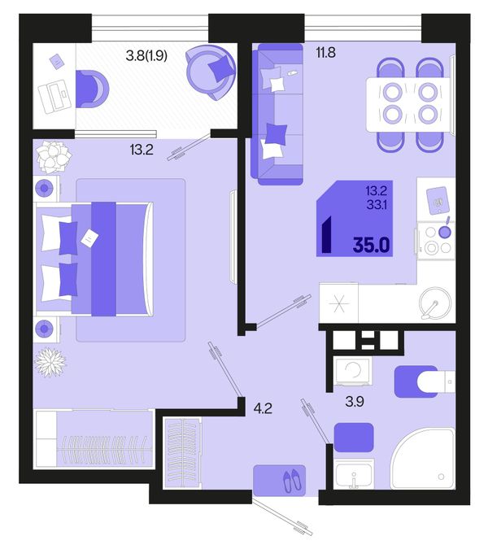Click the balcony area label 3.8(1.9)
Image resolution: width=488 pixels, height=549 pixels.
click(146, 55)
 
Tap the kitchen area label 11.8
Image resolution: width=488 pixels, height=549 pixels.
click(325, 53)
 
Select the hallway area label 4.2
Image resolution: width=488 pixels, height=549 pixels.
click(263, 408)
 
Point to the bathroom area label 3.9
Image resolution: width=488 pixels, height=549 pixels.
click(355, 402)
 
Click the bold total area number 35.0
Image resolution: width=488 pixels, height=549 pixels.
click(371, 245)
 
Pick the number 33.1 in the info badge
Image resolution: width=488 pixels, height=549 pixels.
click(377, 204)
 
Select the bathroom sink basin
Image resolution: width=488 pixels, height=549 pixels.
click(354, 473)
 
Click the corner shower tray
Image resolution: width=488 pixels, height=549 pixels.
click(423, 458)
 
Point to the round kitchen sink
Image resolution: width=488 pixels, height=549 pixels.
click(435, 303)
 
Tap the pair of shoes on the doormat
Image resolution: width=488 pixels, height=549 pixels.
click(292, 480)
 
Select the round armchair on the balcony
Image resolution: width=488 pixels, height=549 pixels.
click(211, 72)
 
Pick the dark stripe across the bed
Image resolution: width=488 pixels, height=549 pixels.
click(103, 259)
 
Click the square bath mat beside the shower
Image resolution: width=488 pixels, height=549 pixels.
click(354, 438)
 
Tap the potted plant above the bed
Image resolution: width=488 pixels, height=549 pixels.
click(53, 157)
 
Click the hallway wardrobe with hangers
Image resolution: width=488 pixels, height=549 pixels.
click(182, 453)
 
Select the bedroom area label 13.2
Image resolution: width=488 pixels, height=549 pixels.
click(142, 150)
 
